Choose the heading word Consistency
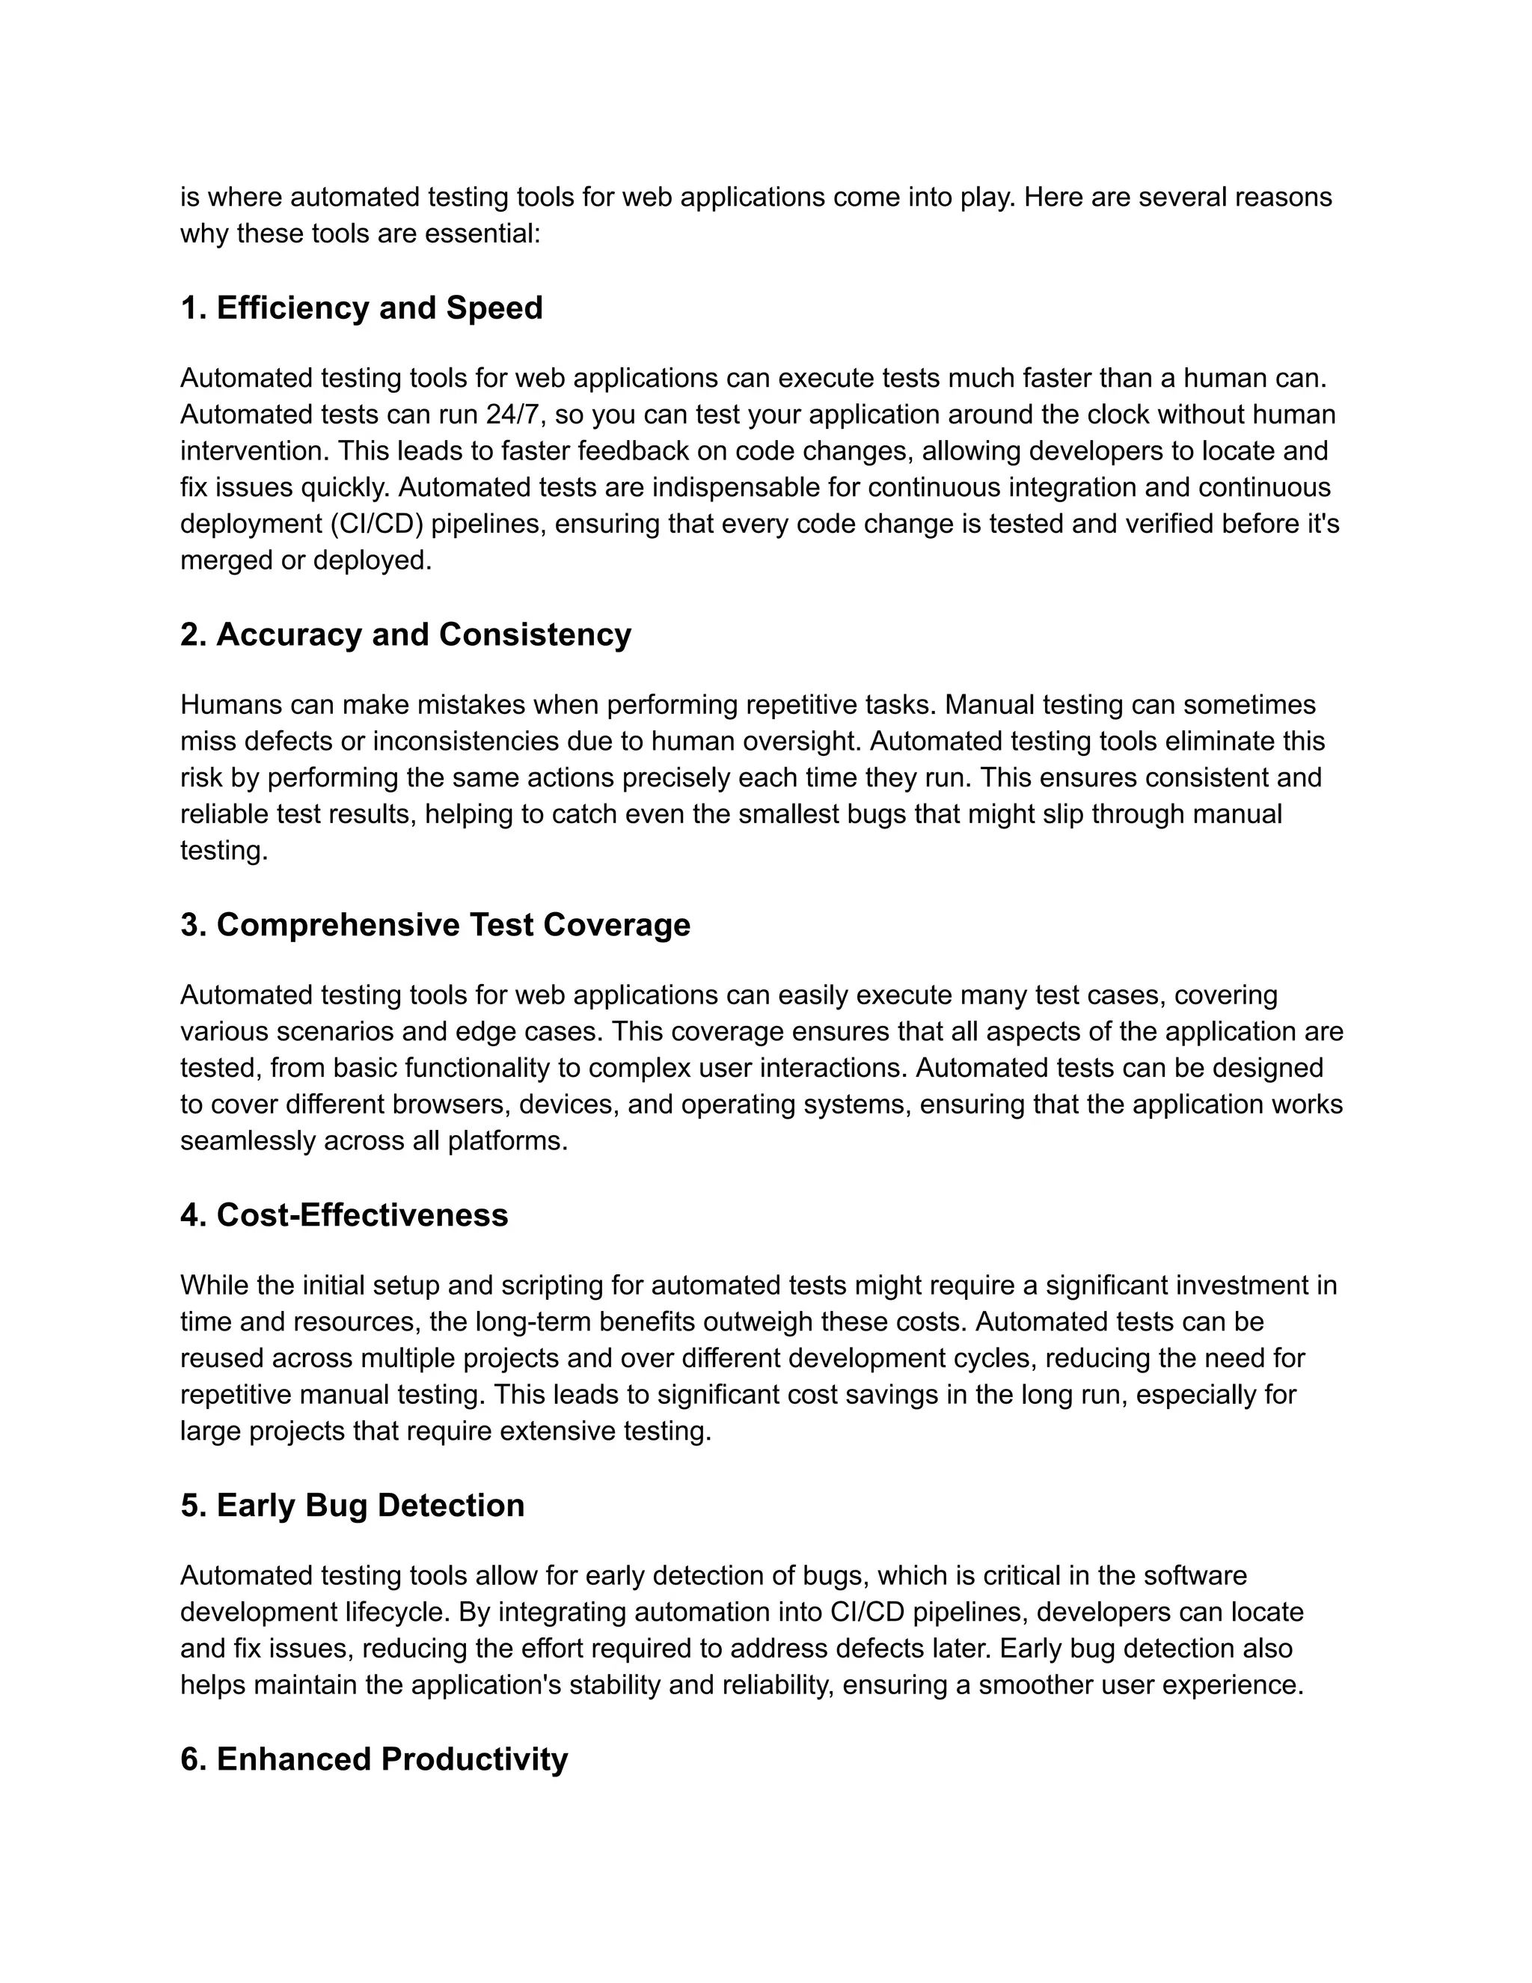(x=535, y=635)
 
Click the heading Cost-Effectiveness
(x=362, y=1214)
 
